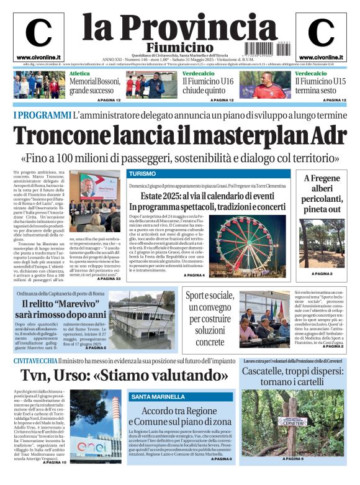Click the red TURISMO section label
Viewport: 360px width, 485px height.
click(x=142, y=174)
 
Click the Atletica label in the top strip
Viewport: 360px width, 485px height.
click(x=79, y=73)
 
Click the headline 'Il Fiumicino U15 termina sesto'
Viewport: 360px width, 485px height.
click(x=319, y=86)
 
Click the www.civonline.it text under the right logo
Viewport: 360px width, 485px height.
click(x=322, y=58)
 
